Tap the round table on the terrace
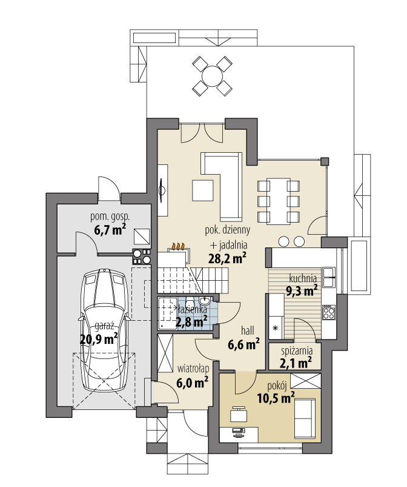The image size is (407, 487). tap(212, 76)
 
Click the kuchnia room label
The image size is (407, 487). tap(303, 278)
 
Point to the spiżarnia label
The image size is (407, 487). tap(297, 351)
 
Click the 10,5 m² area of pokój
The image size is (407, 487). tap(276, 398)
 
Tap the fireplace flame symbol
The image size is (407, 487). tap(179, 247)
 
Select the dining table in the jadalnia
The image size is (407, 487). tap(279, 201)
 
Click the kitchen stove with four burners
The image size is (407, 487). tap(329, 312)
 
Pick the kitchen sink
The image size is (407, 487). tap(329, 277)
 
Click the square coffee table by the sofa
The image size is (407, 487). tap(203, 190)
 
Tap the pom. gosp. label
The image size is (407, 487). tap(110, 217)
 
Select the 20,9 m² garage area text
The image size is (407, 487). tap(99, 339)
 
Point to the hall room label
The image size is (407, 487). tap(248, 331)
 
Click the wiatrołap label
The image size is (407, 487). tap(193, 369)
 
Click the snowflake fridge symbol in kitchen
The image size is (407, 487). tap(275, 328)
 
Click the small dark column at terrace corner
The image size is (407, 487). tap(325, 161)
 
